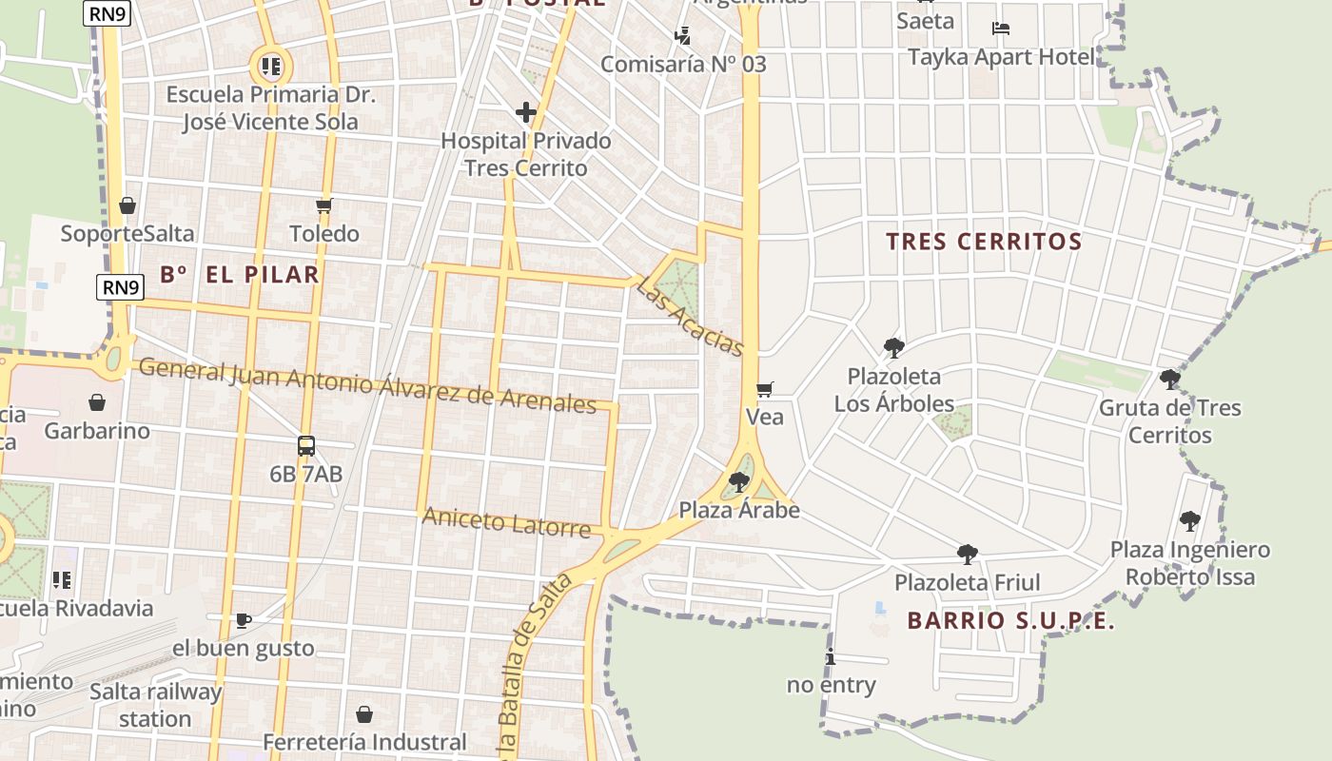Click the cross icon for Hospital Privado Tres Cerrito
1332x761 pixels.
(526, 113)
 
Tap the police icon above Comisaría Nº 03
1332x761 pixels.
(682, 36)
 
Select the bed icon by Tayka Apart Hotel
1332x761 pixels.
(1001, 29)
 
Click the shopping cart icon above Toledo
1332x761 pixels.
(324, 205)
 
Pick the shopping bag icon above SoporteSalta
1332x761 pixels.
(127, 205)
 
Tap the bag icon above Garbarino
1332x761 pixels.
(97, 402)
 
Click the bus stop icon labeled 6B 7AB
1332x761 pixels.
(306, 445)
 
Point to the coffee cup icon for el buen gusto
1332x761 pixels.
(244, 621)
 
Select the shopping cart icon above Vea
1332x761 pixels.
(764, 389)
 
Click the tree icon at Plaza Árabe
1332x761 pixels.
(739, 482)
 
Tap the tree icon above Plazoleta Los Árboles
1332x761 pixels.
(893, 348)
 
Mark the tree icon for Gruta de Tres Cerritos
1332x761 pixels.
(1170, 380)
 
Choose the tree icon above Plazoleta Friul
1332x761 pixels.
(968, 554)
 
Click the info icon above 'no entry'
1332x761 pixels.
(831, 656)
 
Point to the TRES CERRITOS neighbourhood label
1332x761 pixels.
(984, 242)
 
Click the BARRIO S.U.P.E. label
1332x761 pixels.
(1010, 621)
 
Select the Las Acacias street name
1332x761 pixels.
(690, 316)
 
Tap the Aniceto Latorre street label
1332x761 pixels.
(506, 521)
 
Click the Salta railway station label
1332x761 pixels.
(155, 705)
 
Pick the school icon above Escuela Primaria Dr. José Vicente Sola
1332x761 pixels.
(271, 67)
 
